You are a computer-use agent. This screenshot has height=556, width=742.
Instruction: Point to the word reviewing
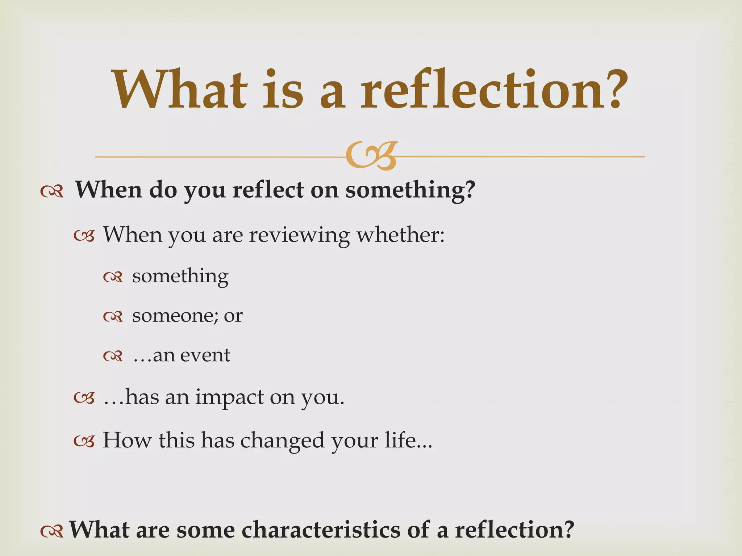299,235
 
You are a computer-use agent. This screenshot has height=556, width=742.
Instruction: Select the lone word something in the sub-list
180,277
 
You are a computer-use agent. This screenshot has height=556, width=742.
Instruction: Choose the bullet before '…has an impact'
84,399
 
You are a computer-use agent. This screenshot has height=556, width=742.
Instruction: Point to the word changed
283,441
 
